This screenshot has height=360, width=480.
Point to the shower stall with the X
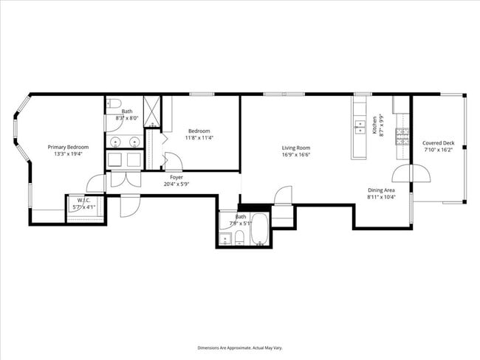(151, 109)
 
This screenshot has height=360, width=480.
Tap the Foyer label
(176, 177)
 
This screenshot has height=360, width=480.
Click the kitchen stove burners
(402, 135)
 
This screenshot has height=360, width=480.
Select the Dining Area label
(382, 190)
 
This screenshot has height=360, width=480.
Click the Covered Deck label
(438, 142)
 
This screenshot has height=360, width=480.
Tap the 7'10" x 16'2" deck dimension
(438, 150)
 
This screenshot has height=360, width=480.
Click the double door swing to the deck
(411, 174)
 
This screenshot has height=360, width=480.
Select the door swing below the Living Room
(284, 195)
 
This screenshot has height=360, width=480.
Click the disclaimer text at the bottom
(239, 347)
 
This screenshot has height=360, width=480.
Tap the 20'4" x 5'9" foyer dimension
(176, 184)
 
